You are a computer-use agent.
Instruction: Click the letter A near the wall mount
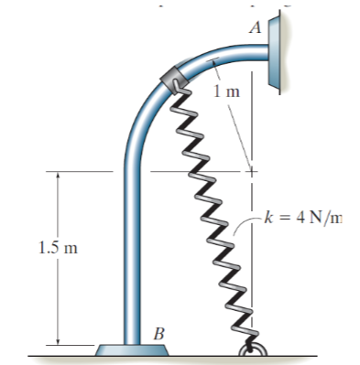click(x=256, y=27)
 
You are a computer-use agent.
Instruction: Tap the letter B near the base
click(x=158, y=334)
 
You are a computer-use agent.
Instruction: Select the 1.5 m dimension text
click(x=59, y=248)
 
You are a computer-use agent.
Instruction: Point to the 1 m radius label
click(x=227, y=91)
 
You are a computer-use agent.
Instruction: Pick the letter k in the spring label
click(x=267, y=218)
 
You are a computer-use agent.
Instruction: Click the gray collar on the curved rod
click(x=174, y=79)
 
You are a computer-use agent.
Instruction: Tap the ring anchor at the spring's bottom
click(x=253, y=349)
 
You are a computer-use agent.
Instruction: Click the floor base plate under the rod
click(x=132, y=349)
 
